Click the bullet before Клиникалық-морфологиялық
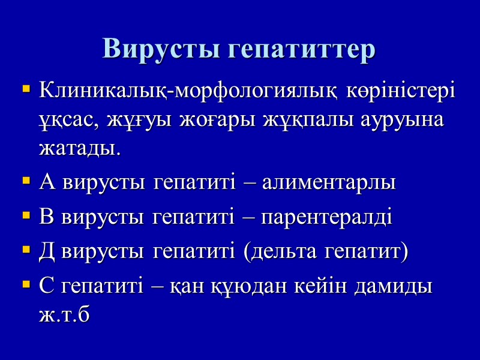pos(25,91)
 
